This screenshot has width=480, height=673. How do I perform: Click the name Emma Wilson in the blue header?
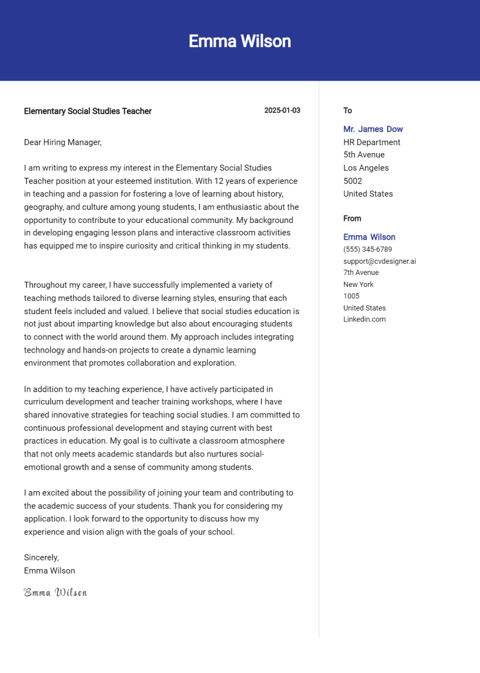click(240, 41)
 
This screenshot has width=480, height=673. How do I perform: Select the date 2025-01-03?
click(282, 110)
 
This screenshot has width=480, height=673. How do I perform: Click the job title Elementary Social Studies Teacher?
click(88, 111)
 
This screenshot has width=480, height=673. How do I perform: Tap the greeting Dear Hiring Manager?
click(63, 142)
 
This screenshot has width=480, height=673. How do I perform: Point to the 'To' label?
click(348, 110)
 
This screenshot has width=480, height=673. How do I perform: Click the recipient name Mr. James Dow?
click(373, 129)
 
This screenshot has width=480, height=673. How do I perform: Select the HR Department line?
click(372, 142)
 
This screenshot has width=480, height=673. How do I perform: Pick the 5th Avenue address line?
click(364, 155)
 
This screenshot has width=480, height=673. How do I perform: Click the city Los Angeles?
click(366, 168)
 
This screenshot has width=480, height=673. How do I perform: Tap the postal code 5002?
click(352, 181)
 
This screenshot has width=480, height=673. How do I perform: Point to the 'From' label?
click(352, 219)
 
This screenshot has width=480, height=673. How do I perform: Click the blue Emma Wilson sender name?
click(369, 237)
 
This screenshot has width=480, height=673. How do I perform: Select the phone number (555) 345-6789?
click(367, 249)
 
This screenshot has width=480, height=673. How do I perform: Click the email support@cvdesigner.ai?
click(379, 261)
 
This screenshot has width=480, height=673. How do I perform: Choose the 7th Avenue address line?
click(361, 273)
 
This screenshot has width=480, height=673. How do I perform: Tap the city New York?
click(358, 284)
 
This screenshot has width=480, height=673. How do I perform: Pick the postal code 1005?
click(351, 296)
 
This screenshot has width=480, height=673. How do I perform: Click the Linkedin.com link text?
click(364, 319)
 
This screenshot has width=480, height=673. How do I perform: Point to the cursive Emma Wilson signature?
click(55, 593)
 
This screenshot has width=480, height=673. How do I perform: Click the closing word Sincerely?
click(41, 558)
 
